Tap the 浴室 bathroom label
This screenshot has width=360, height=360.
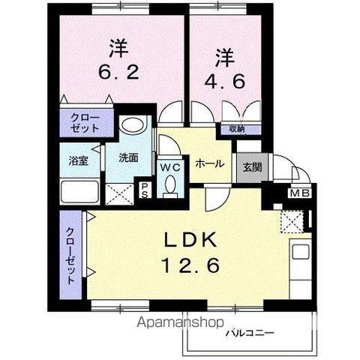[x=79, y=160]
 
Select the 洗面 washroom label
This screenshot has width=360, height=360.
[x=127, y=158]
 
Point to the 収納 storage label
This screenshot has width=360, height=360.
[x=238, y=129]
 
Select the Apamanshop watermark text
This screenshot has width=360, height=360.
[x=180, y=324]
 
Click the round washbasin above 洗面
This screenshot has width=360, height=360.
[x=133, y=125]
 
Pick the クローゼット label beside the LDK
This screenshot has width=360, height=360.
[x=70, y=255]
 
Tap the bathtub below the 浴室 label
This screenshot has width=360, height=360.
[x=81, y=193]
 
